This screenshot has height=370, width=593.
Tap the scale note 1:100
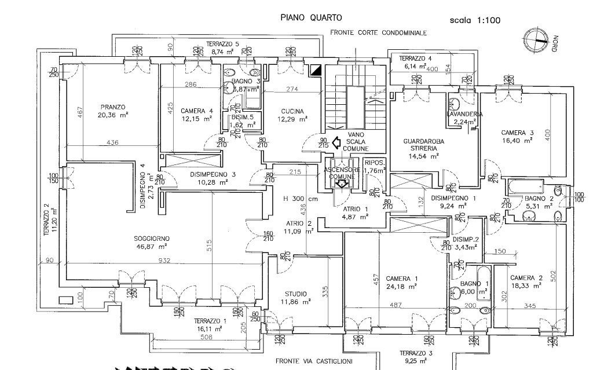475,21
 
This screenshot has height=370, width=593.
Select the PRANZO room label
113,107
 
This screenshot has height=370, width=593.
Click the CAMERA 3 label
517,133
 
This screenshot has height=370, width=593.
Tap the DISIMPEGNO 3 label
213,174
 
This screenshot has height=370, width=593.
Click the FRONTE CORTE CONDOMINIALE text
378,33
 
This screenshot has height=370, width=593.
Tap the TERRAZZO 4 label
416,58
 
